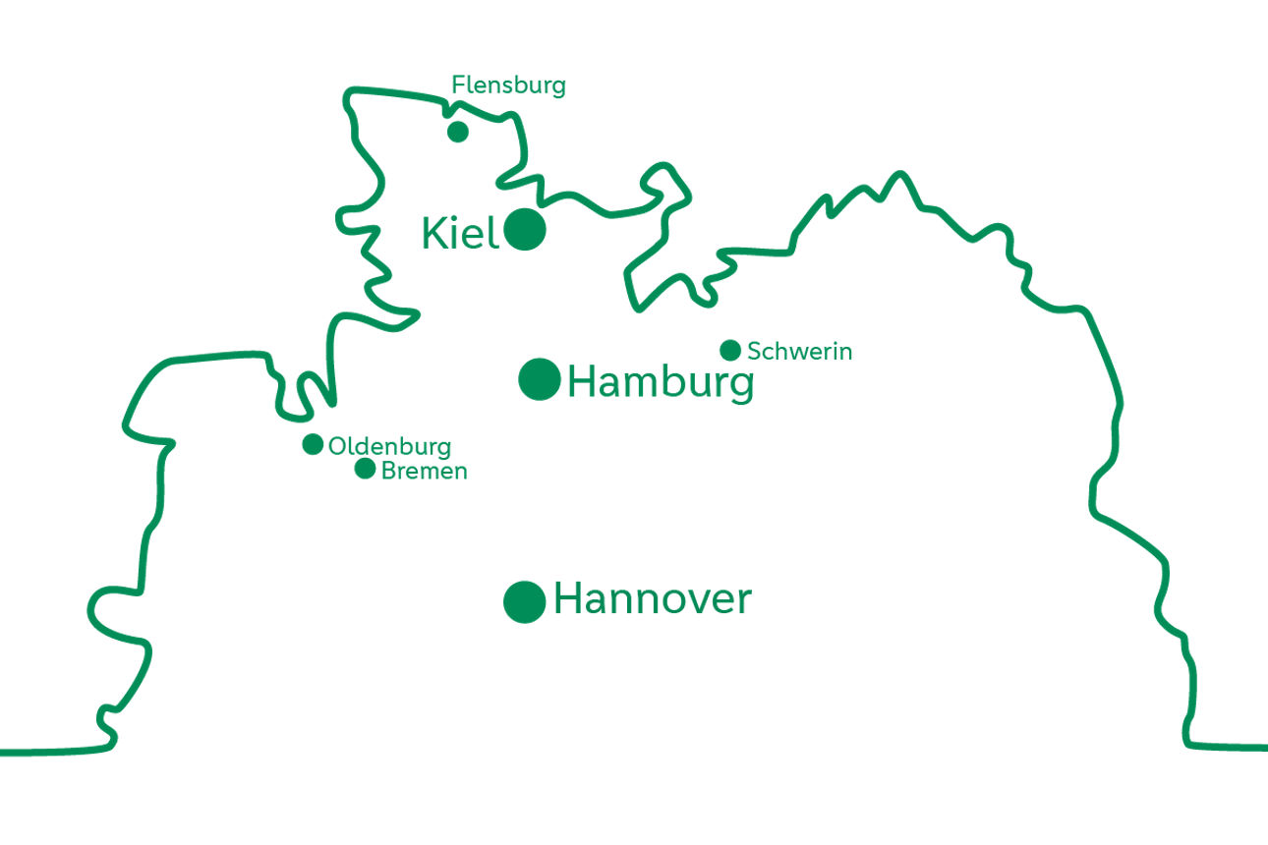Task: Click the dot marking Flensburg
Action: tap(457, 131)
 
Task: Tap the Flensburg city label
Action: tap(508, 85)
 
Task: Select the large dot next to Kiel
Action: tap(525, 230)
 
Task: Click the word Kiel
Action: tap(460, 234)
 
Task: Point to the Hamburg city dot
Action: tap(540, 379)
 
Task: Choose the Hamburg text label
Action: tap(661, 382)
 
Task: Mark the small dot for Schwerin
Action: tap(730, 350)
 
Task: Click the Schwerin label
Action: tap(799, 351)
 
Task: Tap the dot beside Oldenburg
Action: tap(313, 444)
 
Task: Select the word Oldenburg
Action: tap(389, 446)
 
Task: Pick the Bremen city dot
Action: tap(365, 469)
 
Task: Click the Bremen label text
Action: tap(424, 471)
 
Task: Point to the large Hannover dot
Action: tap(525, 601)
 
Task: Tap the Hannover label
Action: tap(652, 598)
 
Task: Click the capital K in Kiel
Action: tap(433, 234)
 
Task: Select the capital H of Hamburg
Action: tap(583, 381)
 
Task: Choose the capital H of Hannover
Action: tap(569, 598)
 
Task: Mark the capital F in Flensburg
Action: tap(457, 85)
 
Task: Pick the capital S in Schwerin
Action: tap(754, 351)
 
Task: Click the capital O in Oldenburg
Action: tap(337, 446)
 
